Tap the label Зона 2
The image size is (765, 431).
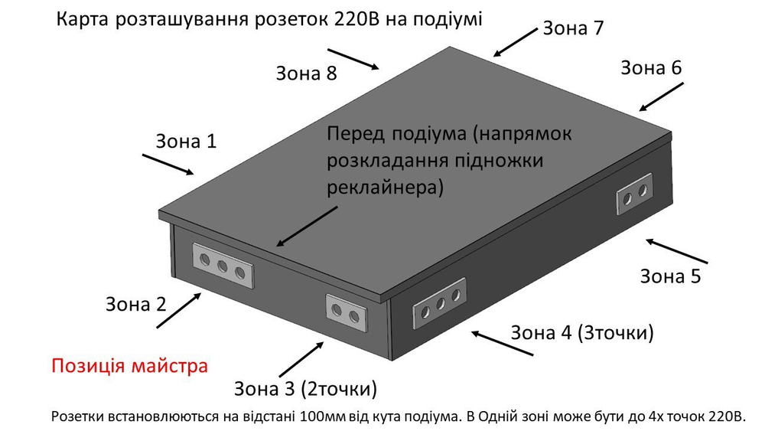point(135,304)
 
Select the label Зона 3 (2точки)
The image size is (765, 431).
point(305,389)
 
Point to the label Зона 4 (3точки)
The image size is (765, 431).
point(581,333)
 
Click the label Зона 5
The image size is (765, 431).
point(670,276)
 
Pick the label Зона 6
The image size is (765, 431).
point(650,67)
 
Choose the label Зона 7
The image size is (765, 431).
point(573,28)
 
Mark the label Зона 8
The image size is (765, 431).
point(306,73)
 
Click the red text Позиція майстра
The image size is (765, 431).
point(129,365)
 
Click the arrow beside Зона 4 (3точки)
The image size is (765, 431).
point(502,343)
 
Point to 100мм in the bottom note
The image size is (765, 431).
point(321,417)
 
